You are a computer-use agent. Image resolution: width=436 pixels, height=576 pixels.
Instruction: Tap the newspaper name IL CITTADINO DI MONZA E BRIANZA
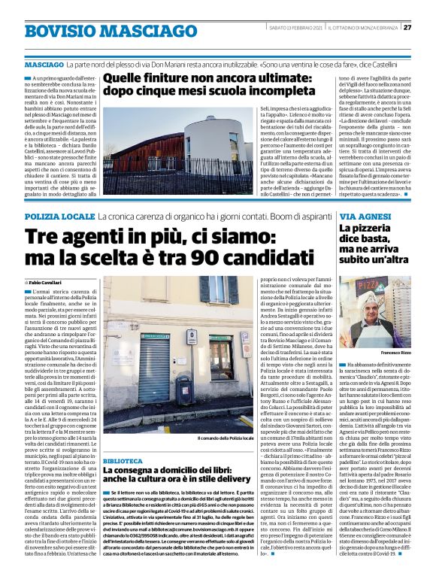360,28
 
